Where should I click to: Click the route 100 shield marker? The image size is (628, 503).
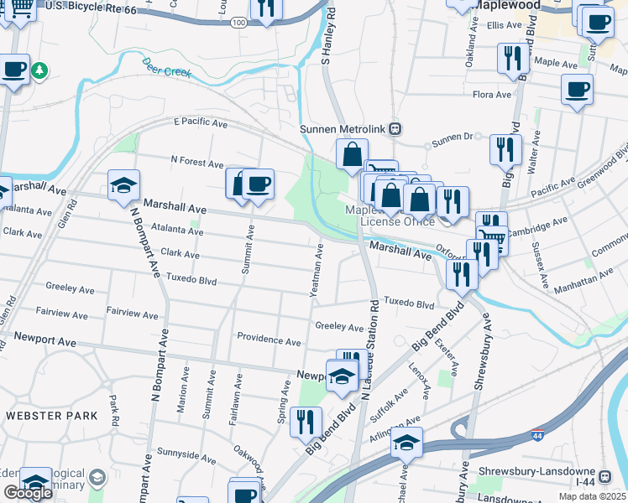pos(239,23)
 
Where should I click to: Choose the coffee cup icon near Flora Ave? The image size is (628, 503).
pos(577,88)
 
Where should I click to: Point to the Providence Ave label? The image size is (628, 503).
pos(268,342)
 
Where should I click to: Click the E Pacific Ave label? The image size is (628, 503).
pos(201,123)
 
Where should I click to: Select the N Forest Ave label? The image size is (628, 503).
pos(197,160)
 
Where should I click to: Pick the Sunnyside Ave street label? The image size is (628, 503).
pos(186,456)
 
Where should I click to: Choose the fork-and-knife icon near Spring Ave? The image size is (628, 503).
pos(306,421)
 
